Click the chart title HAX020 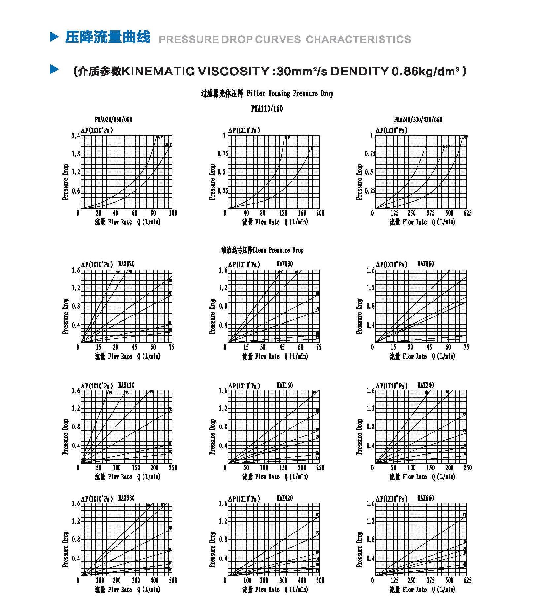[x=126, y=264]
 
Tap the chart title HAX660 [x=426, y=498]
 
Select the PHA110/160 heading [x=267, y=109]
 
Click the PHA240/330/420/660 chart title [x=418, y=119]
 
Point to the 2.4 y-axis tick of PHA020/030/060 [x=76, y=136]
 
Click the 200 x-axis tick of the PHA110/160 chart [x=320, y=213]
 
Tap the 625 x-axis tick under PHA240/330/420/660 [x=467, y=213]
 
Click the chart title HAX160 [x=284, y=385]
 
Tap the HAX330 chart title [x=126, y=498]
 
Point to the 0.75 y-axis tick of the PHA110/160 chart [x=223, y=154]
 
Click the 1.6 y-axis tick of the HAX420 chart [x=223, y=504]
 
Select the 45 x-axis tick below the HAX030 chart [x=282, y=347]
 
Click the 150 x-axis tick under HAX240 [x=430, y=468]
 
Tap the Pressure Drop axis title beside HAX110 [x=65, y=437]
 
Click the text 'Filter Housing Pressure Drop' [x=290, y=94]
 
